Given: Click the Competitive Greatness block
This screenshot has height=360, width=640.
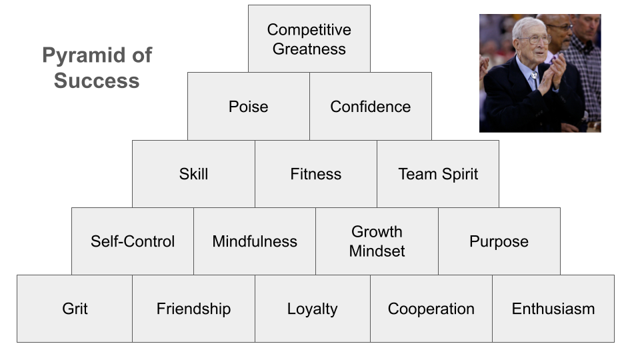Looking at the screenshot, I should coord(309,39).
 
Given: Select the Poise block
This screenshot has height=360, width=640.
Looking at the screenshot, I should coord(248,107).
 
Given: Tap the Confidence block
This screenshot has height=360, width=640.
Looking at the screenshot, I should coord(370,107).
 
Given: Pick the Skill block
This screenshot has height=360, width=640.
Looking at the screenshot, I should coord(193,174).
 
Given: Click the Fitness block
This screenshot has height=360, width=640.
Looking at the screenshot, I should coord(315,174).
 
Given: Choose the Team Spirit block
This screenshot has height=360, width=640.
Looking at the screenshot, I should coord(438,174).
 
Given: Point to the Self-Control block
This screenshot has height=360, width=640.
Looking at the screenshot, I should coord(133,241).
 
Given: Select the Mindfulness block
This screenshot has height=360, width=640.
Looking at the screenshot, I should coord(255,241).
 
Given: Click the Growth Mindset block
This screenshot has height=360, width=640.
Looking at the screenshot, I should coord(377,241).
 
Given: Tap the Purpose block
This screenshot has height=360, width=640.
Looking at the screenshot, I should coord(499,241).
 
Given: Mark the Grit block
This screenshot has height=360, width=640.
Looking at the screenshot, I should coord(75,309).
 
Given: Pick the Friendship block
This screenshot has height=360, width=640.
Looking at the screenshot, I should coord(193,309).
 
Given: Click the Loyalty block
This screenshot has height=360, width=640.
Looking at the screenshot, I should coord(312,309).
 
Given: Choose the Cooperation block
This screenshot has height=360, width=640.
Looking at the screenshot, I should coord(431,309).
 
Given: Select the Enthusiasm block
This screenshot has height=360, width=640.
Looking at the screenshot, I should coord(553,309).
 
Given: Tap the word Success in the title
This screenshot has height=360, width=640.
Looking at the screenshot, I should coord(97,81).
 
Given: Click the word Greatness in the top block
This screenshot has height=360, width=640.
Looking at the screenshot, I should coord(309,49).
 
